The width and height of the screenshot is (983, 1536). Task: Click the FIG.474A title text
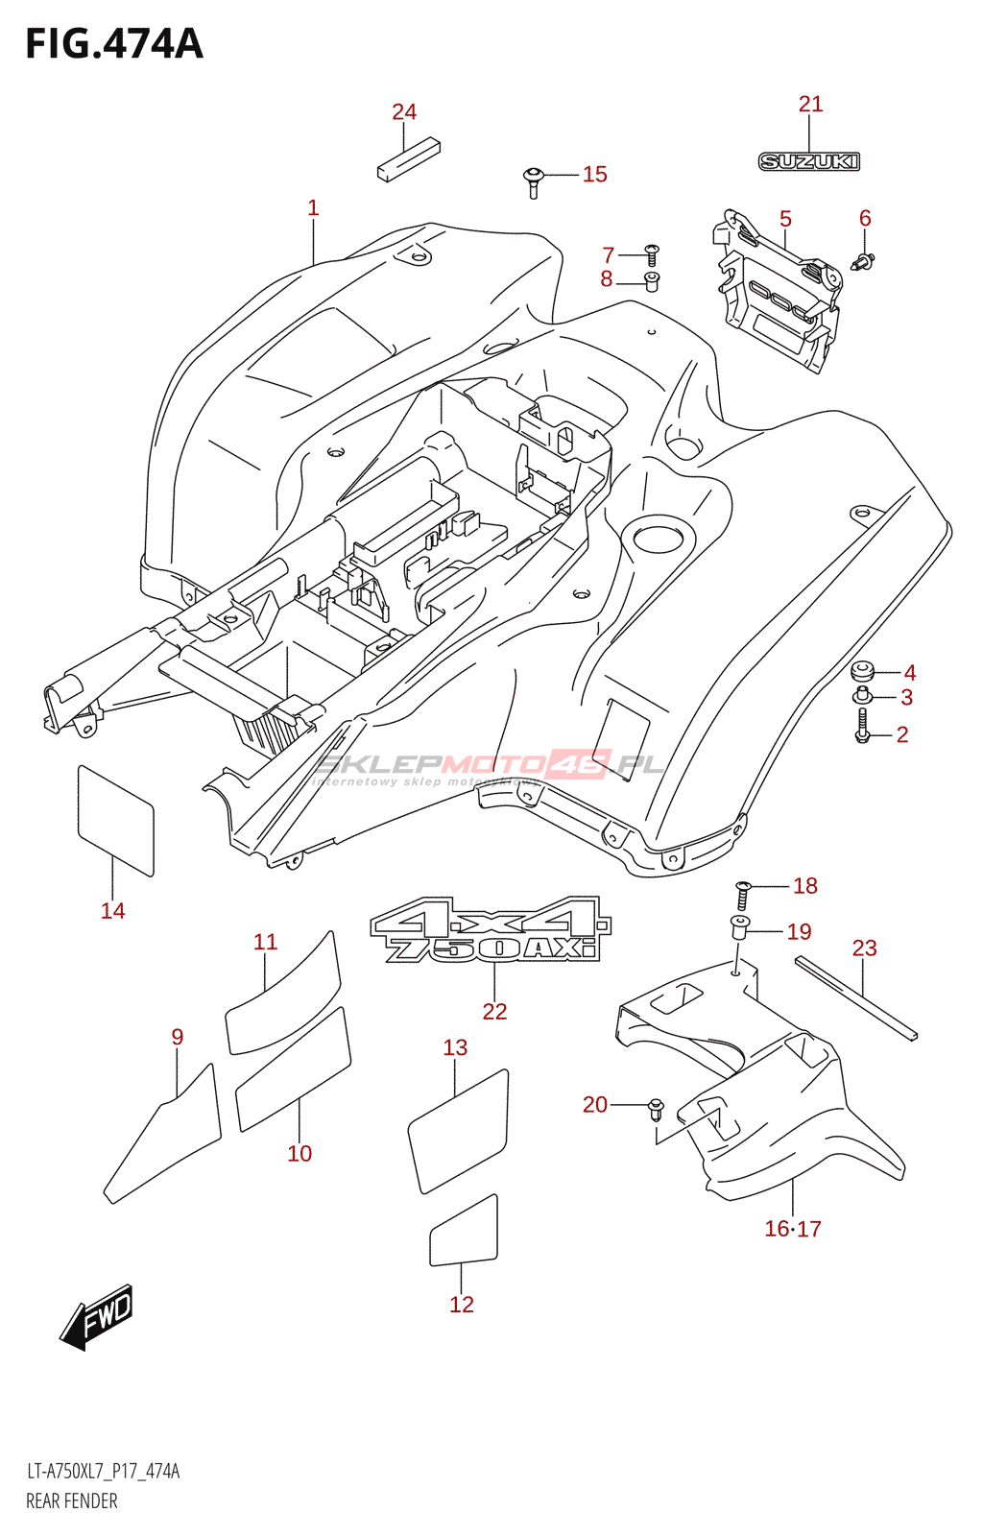114,44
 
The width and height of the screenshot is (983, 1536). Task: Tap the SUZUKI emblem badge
809,161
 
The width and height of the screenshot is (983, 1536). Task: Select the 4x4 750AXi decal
491,929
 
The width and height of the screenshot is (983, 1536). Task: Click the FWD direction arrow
97,1316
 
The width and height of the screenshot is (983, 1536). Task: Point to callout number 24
404,112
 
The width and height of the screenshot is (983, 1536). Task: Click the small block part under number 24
408,160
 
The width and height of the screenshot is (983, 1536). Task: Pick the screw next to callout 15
534,180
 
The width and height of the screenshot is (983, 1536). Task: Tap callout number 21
811,104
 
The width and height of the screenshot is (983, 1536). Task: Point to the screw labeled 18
742,895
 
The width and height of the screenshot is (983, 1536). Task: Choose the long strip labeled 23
855,997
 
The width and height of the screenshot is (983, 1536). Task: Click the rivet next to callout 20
657,1109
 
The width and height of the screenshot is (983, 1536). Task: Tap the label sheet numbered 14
115,821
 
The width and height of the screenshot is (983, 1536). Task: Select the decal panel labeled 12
464,1232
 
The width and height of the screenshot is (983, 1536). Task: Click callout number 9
178,1037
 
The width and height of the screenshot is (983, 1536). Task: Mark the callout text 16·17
793,1229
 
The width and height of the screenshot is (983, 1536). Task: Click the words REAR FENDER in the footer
72,1501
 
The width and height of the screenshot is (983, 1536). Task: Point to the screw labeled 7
651,254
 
